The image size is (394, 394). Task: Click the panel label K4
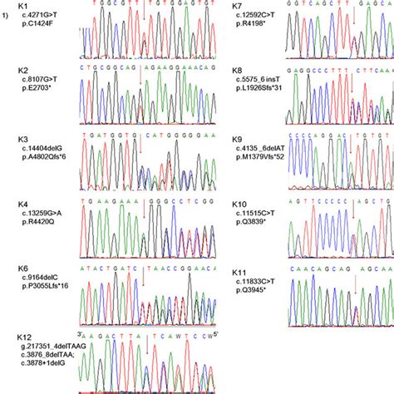tap(23, 204)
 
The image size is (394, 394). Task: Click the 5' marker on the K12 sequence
tap(218, 335)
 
